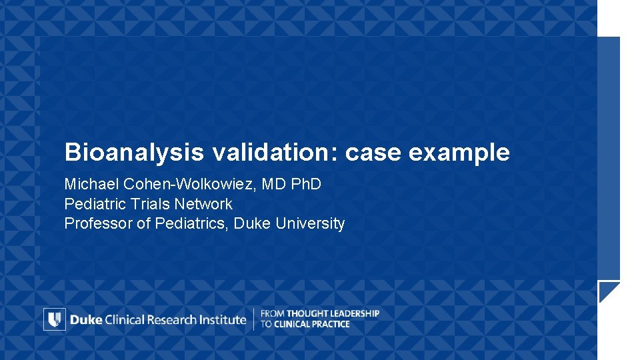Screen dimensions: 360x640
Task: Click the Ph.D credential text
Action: point(305,184)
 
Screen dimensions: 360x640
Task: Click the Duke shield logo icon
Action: point(55,319)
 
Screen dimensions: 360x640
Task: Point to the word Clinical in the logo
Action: point(127,319)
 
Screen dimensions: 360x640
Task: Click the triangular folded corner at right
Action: point(607,291)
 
